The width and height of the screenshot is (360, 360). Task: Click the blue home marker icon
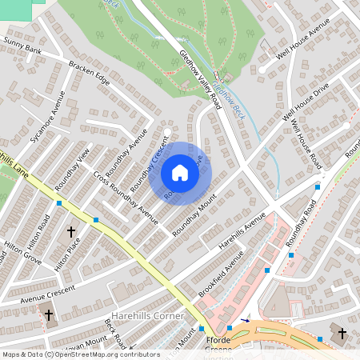[x=180, y=173]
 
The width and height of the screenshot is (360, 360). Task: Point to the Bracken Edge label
[x=89, y=73]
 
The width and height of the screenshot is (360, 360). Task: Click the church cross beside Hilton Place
[x=71, y=232]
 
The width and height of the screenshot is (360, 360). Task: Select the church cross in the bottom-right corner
[x=342, y=332]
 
